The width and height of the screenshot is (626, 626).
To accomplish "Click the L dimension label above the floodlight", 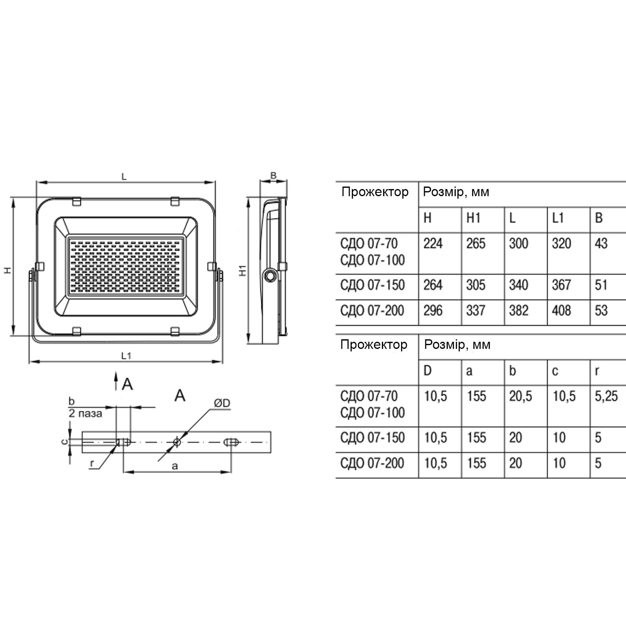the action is [x=124, y=177].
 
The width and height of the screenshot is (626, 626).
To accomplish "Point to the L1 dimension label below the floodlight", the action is [x=126, y=356].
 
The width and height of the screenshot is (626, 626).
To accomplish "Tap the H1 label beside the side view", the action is [x=243, y=270].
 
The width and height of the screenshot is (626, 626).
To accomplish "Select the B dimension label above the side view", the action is [x=273, y=175].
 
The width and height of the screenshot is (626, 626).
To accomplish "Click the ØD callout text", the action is [x=222, y=403].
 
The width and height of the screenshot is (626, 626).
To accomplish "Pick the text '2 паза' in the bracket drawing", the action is [x=85, y=414].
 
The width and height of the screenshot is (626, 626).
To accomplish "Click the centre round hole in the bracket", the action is [x=177, y=442].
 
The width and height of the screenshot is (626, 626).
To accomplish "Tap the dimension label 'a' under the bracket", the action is [x=175, y=466].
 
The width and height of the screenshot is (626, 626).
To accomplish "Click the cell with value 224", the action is [x=433, y=243].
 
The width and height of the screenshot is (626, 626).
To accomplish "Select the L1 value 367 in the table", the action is [x=561, y=285].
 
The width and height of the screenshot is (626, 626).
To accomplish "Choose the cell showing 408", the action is [x=561, y=310].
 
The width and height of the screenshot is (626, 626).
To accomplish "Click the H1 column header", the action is [x=474, y=218].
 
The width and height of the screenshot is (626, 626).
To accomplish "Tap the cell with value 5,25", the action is [x=606, y=396].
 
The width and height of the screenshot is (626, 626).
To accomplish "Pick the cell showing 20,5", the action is [x=520, y=396].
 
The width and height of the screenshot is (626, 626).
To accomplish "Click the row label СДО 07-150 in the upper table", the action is [x=372, y=285].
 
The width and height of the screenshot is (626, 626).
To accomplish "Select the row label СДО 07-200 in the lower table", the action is [x=372, y=463].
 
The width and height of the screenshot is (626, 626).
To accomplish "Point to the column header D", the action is [x=428, y=371].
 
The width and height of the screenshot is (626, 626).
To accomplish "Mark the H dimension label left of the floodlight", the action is [x=7, y=270].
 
